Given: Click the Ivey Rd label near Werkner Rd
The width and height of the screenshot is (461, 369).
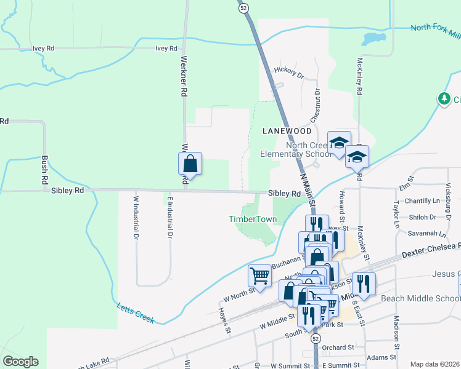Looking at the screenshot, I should pos(166,48).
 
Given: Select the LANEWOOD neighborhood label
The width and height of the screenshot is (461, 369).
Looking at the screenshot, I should pos(287,131).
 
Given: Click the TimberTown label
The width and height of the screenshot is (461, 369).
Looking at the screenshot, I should pos(248,219).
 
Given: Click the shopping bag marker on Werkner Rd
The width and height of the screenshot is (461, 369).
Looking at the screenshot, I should pos(190,164).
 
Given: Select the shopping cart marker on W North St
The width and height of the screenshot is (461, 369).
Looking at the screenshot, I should pos(259,276).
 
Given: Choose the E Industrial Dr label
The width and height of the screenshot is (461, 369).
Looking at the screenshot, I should pos(168,216).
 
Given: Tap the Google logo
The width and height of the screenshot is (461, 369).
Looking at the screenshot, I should pos(20,362).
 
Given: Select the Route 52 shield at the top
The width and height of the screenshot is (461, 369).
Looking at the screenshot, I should pos(244,7).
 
